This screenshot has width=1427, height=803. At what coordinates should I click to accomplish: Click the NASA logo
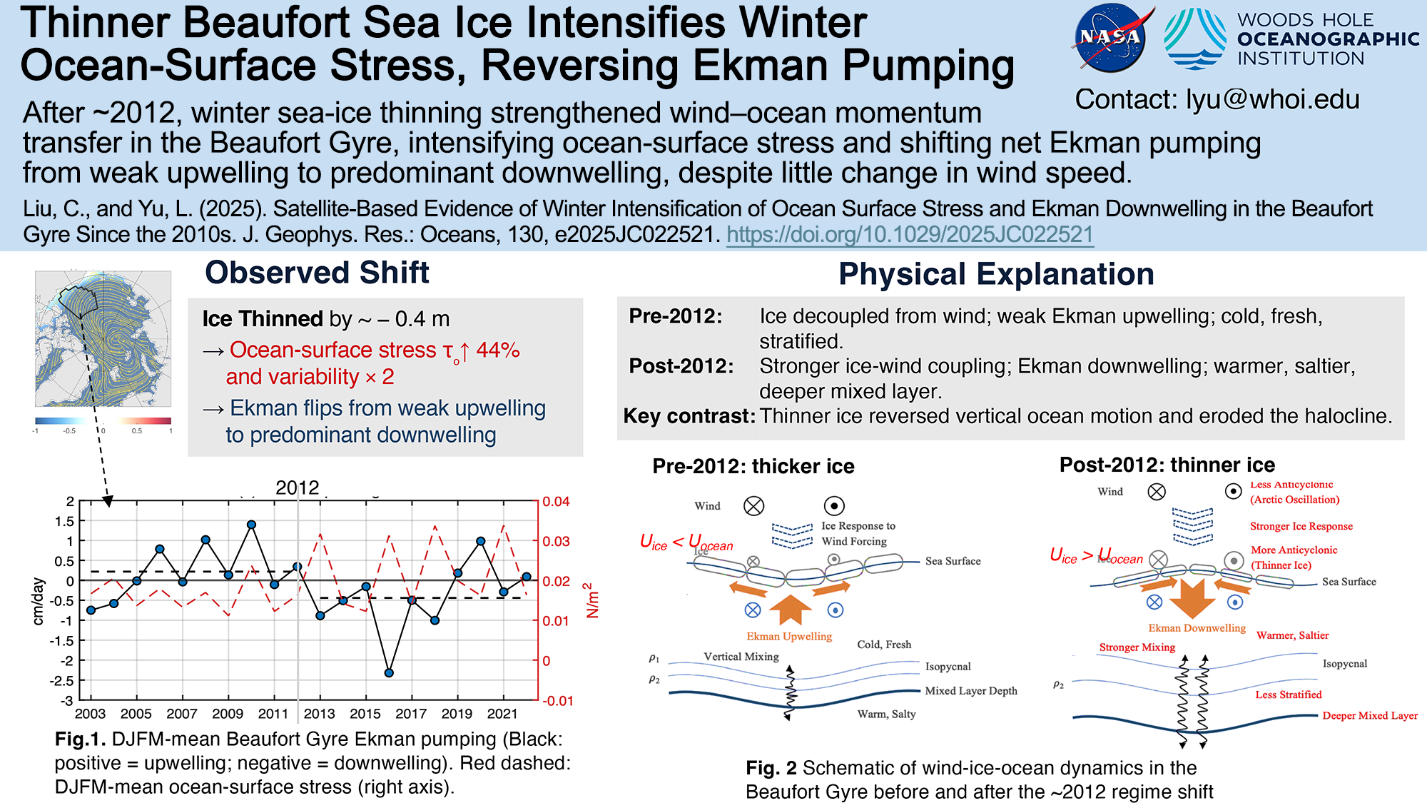pyautogui.click(x=1110, y=39)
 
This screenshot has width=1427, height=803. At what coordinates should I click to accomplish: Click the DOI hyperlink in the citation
pyautogui.click(x=910, y=235)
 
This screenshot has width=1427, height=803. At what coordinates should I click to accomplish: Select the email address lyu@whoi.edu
pyautogui.click(x=1273, y=100)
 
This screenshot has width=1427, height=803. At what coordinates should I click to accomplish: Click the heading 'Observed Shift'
pyautogui.click(x=317, y=273)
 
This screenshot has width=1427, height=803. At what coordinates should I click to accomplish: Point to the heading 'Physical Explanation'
pyautogui.click(x=996, y=274)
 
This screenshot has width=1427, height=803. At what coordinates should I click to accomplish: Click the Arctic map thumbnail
pyautogui.click(x=103, y=338)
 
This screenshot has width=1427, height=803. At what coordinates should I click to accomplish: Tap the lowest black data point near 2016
pyautogui.click(x=389, y=672)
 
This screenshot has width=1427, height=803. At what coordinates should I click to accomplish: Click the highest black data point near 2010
pyautogui.click(x=251, y=525)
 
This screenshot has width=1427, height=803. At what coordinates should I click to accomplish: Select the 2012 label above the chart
pyautogui.click(x=298, y=488)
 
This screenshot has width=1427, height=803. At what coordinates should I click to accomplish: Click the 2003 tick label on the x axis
pyautogui.click(x=90, y=714)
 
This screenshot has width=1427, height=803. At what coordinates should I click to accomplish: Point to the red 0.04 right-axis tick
pyautogui.click(x=557, y=502)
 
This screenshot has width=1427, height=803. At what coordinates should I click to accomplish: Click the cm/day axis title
pyautogui.click(x=39, y=601)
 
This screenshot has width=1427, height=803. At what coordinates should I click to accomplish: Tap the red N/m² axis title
pyautogui.click(x=591, y=600)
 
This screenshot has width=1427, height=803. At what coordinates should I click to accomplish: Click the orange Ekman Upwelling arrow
pyautogui.click(x=790, y=609)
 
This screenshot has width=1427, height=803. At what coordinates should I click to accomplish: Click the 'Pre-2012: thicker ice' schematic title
pyautogui.click(x=753, y=467)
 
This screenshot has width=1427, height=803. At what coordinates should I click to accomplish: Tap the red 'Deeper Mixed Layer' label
pyautogui.click(x=1370, y=715)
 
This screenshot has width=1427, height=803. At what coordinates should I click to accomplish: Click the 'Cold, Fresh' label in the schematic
pyautogui.click(x=884, y=645)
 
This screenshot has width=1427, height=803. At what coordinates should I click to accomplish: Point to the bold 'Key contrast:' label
pyautogui.click(x=689, y=416)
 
